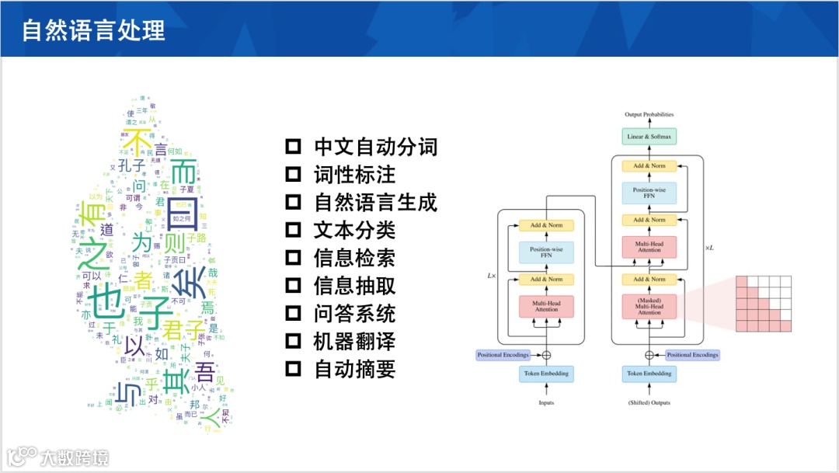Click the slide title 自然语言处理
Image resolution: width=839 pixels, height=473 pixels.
93,30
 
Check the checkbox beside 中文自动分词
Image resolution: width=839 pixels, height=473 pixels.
293,146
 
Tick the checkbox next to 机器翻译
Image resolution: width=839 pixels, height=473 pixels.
293,341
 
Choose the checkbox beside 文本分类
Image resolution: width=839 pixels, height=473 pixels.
293,230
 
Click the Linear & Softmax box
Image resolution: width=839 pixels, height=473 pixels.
649,137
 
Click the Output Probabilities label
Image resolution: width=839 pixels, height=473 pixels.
649,115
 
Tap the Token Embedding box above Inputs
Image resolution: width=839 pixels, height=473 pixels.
546,374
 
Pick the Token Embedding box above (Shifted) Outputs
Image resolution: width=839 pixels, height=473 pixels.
649,374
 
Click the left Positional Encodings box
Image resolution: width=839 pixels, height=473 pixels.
503,355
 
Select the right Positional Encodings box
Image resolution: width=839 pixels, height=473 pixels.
692,355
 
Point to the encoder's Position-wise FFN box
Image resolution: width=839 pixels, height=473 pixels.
546,251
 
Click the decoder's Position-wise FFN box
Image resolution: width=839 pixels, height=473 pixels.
649,193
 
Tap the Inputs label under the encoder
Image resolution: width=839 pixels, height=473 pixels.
546,402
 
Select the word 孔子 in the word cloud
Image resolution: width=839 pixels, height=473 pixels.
132,165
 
